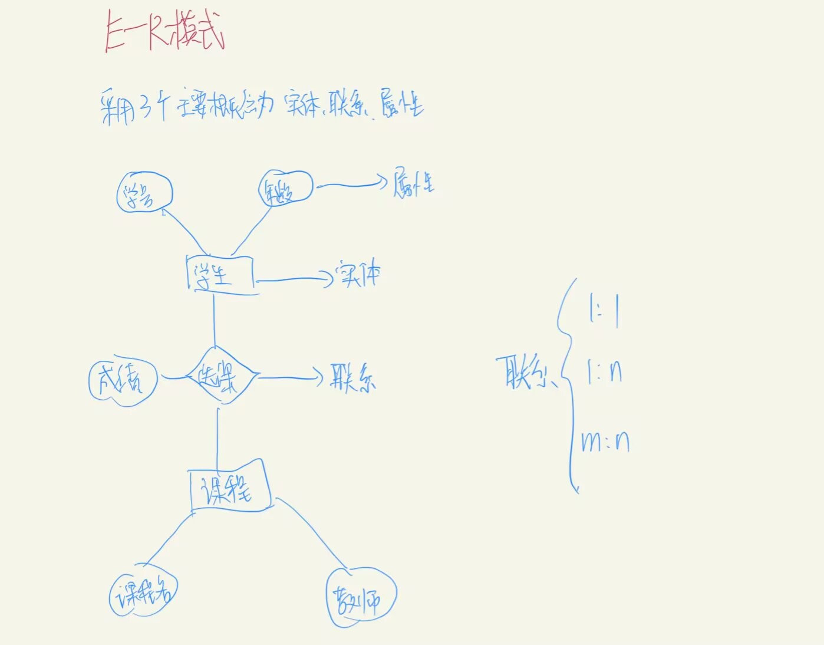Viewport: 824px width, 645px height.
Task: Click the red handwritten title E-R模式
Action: click(164, 33)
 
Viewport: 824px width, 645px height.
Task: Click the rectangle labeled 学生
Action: click(220, 274)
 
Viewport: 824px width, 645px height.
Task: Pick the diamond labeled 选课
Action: click(221, 376)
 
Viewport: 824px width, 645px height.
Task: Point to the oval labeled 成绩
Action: click(123, 380)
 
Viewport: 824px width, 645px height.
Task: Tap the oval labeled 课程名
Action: click(143, 594)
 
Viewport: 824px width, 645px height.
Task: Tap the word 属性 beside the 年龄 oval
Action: click(414, 183)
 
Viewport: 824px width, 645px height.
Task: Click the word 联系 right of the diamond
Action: click(352, 378)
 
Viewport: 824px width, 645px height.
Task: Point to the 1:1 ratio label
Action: click(604, 309)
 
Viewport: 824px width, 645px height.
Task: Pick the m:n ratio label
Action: click(605, 441)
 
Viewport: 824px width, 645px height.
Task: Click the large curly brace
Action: click(568, 383)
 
